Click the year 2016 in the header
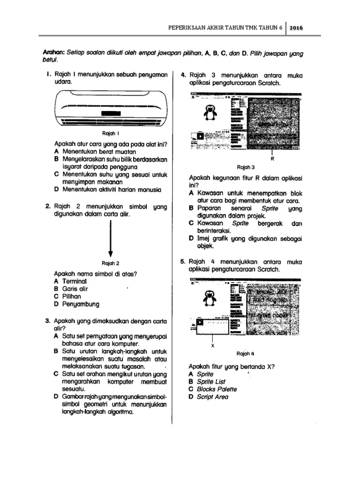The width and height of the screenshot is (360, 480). (x=296, y=28)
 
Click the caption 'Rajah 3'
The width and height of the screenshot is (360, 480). (x=246, y=167)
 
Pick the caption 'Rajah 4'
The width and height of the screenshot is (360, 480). (x=246, y=353)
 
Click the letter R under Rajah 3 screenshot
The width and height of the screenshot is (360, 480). (x=272, y=159)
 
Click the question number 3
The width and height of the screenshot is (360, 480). (x=48, y=321)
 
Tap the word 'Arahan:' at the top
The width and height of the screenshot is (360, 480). (x=53, y=53)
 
